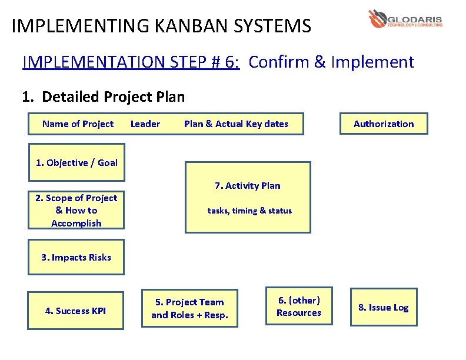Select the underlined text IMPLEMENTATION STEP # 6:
click(131, 62)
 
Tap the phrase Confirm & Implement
click(331, 62)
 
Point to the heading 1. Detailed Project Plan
click(103, 96)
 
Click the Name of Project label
click(78, 124)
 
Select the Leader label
click(145, 124)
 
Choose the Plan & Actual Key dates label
click(236, 124)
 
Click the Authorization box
click(383, 124)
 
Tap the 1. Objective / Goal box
click(76, 162)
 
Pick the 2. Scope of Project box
click(76, 211)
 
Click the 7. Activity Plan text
click(247, 186)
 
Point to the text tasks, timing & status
click(249, 211)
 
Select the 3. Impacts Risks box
click(76, 257)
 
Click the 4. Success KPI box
click(76, 311)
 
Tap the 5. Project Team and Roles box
click(189, 308)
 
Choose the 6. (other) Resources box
click(299, 306)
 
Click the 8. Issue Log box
click(383, 307)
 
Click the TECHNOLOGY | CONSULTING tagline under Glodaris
click(414, 26)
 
